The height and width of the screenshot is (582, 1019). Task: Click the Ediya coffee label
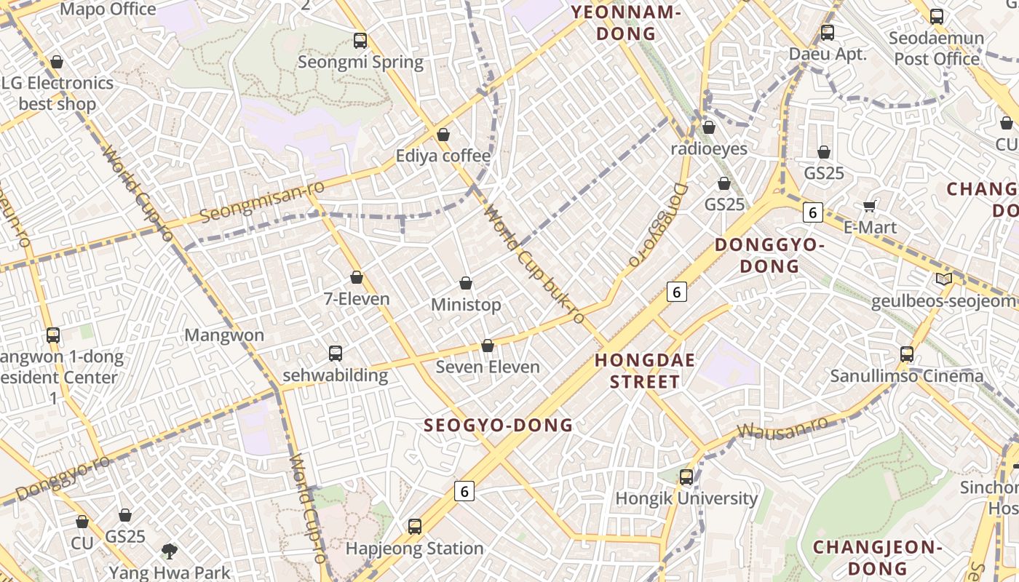[x=443, y=156]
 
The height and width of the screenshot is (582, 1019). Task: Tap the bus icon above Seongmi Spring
[x=360, y=41]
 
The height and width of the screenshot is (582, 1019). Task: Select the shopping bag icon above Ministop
[x=466, y=283]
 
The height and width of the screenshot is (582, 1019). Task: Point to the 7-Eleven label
[x=357, y=298]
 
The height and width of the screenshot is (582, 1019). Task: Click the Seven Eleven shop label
[x=488, y=367]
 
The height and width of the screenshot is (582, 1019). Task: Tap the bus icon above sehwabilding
[x=335, y=354]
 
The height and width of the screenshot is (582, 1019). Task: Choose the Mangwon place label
[x=224, y=335]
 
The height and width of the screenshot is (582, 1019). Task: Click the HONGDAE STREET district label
[x=645, y=371]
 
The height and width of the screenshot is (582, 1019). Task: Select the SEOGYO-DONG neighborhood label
[x=499, y=425]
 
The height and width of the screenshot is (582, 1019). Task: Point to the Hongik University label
[x=686, y=498]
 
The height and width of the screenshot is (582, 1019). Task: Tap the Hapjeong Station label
[x=414, y=548]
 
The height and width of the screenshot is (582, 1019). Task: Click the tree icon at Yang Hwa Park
[x=170, y=551]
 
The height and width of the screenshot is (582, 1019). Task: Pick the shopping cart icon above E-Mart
[x=869, y=207]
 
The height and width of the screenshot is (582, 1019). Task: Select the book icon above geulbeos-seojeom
[x=943, y=279]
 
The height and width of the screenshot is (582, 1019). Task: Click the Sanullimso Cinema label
[x=907, y=376]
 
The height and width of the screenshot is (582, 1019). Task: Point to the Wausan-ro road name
[x=782, y=428]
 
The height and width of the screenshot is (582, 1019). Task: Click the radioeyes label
[x=708, y=148]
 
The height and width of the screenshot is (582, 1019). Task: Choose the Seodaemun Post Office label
[x=937, y=48]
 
